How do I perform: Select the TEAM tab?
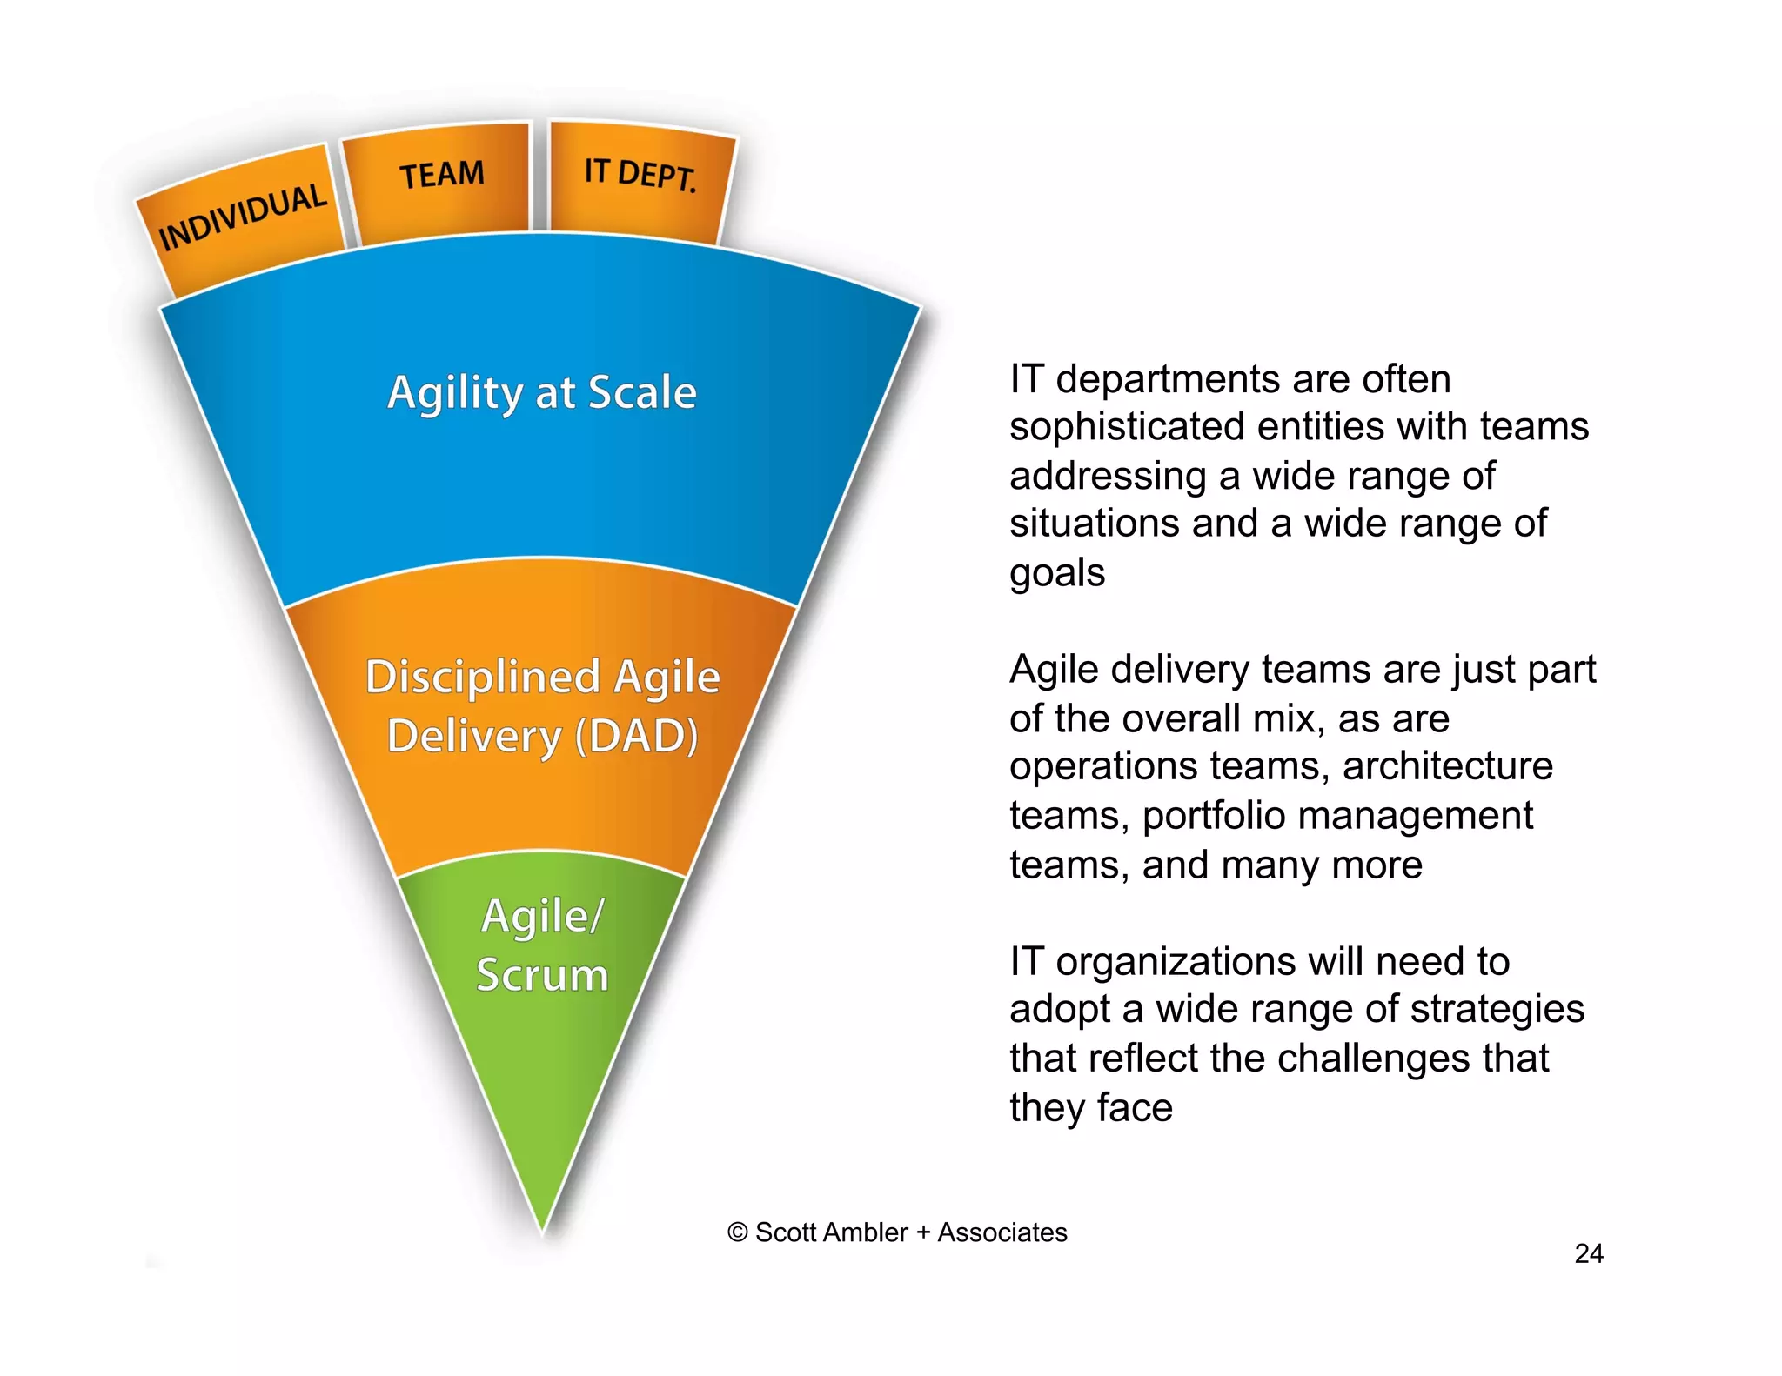click(x=441, y=175)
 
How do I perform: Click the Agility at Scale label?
click(x=542, y=392)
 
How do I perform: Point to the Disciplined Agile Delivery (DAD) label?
click(x=542, y=705)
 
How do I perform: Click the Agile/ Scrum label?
click(x=541, y=945)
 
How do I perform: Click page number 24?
click(x=1588, y=1253)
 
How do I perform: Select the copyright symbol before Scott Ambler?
click(x=737, y=1232)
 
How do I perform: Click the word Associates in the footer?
click(x=1002, y=1232)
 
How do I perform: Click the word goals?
click(x=1056, y=573)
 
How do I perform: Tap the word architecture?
click(x=1447, y=766)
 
